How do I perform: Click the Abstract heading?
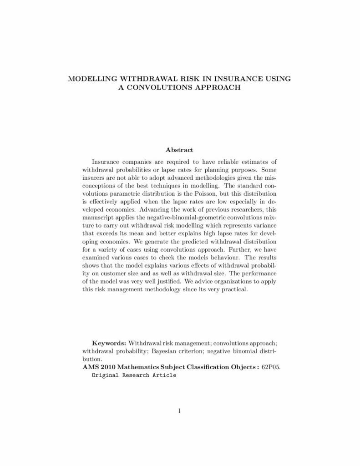click(x=180, y=150)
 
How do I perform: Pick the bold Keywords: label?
click(x=109, y=342)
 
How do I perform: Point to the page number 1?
click(x=180, y=412)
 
